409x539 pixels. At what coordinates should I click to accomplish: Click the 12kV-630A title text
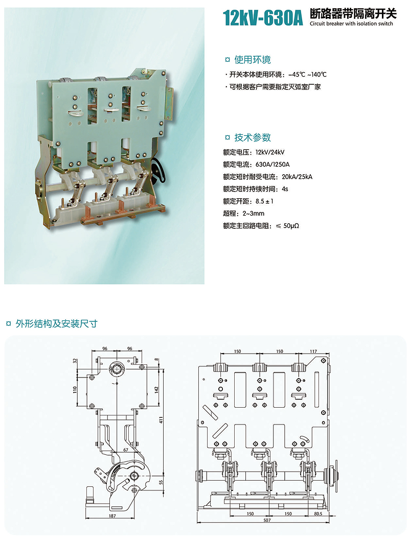264,18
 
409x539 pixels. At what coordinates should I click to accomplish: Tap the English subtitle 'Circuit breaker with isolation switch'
352,24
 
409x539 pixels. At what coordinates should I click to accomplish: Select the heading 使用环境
253,58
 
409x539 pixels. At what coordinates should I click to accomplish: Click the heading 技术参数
253,137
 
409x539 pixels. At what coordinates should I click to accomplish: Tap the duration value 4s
285,189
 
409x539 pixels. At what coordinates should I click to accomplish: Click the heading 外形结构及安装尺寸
57,323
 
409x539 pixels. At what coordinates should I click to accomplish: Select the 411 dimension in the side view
161,420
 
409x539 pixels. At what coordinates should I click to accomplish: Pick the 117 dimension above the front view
313,351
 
